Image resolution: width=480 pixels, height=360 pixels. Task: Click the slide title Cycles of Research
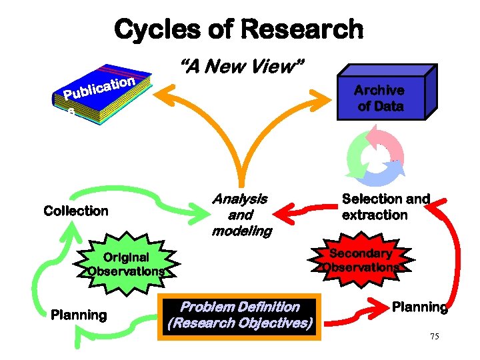pos(239,29)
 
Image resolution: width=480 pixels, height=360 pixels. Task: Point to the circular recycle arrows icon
pos(375,157)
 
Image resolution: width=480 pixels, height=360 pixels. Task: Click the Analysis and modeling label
pos(240,215)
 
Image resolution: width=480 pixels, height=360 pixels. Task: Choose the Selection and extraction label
pos(385,207)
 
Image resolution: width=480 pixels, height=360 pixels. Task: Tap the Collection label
pos(75,211)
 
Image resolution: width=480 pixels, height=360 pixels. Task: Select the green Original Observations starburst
pos(126,264)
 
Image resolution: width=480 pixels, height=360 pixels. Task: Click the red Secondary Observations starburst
pos(361,261)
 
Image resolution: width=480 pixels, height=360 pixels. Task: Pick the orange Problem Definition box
pos(240,315)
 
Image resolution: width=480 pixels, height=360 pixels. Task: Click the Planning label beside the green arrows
pos(79,315)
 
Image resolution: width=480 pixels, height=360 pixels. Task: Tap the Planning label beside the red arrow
pos(419,307)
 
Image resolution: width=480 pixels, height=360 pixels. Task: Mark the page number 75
pos(434,337)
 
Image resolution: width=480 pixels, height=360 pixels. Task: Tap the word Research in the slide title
pos(303,29)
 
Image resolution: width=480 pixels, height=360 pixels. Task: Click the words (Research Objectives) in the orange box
pos(240,324)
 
